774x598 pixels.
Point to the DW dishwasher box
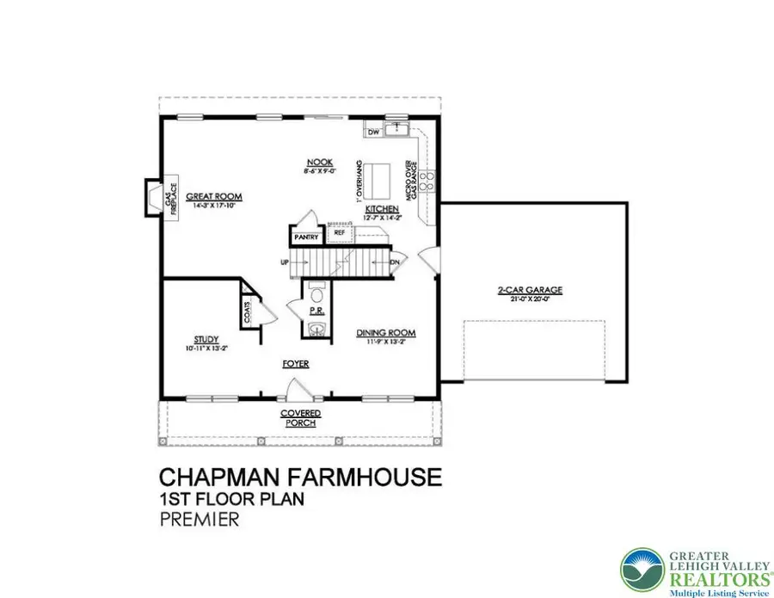click(x=374, y=133)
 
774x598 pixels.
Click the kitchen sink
click(x=397, y=131)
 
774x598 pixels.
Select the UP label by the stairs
click(x=284, y=261)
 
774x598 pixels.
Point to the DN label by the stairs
click(x=395, y=262)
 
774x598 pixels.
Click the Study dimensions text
click(x=206, y=348)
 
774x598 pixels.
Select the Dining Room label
click(x=386, y=333)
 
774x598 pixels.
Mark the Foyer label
click(x=296, y=364)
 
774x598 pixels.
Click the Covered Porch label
click(x=299, y=418)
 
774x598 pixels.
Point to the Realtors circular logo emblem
click(x=642, y=571)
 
